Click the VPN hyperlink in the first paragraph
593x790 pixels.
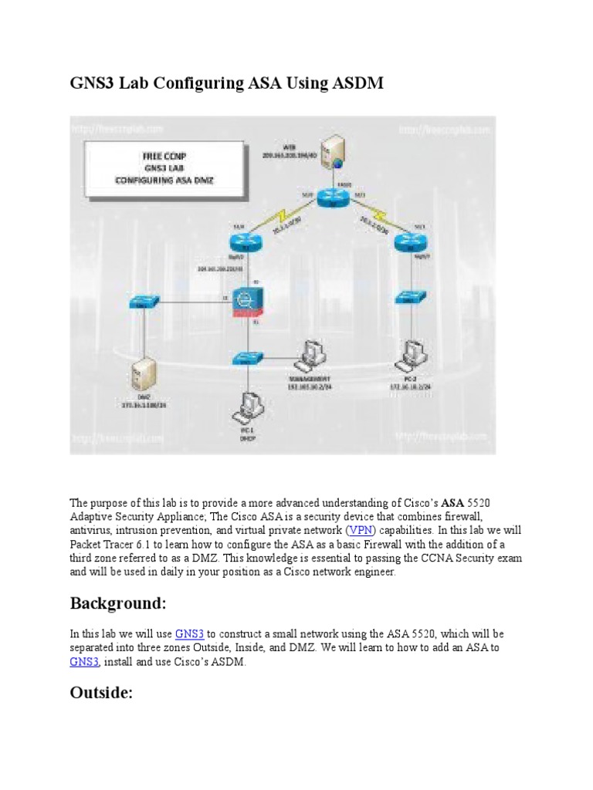click(x=359, y=530)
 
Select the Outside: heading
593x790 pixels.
click(x=102, y=693)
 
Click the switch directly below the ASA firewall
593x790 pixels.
click(x=247, y=359)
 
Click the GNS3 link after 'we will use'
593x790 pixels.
click(x=189, y=633)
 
